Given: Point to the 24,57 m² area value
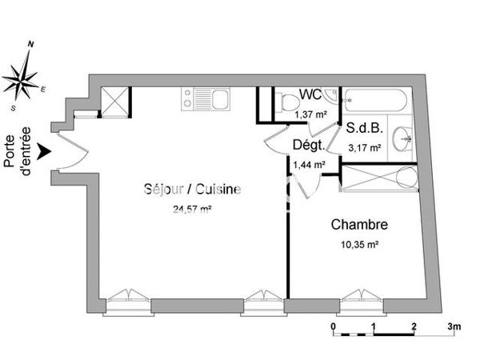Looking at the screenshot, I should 192,210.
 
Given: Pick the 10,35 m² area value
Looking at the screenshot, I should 360,246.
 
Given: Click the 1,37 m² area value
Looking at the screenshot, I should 310,114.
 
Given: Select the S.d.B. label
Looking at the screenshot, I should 364,128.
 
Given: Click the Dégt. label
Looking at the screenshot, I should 308,146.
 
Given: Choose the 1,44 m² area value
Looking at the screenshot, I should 309,164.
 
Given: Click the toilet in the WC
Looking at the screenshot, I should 285,102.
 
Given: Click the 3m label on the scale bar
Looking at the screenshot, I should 454,327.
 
